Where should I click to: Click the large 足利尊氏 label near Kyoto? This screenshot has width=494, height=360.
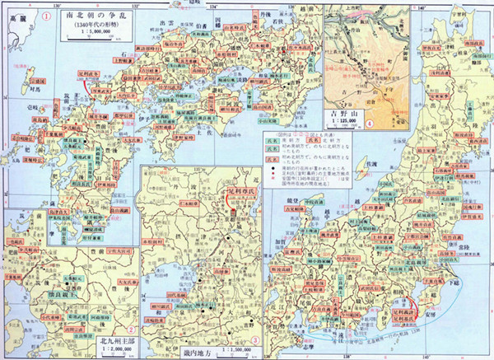(240, 198)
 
